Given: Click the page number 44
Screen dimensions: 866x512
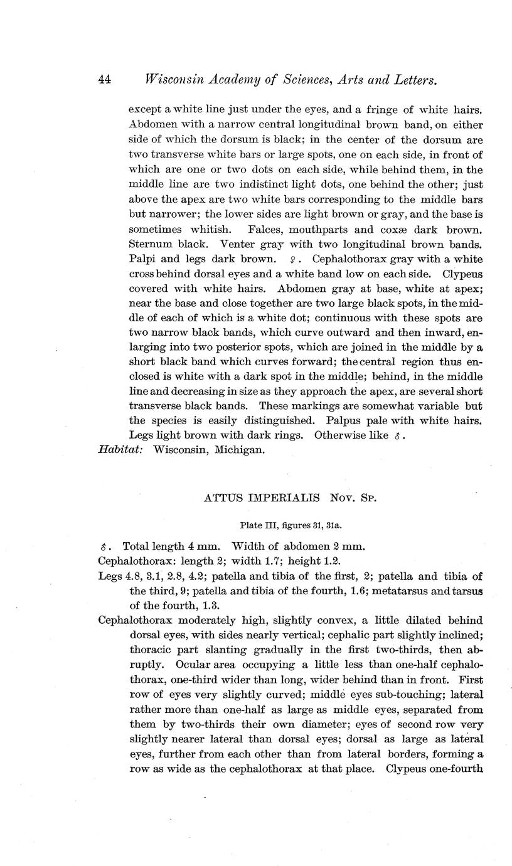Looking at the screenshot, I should pos(104,80).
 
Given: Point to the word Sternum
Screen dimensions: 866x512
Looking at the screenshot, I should pos(149,244).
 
